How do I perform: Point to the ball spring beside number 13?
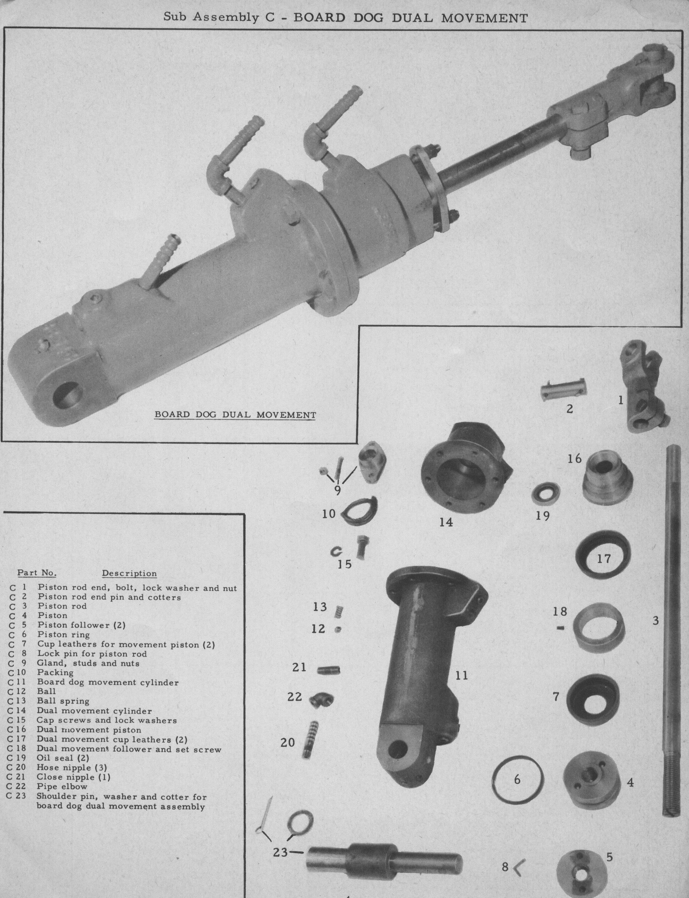[340, 611]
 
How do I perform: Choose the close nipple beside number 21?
[328, 671]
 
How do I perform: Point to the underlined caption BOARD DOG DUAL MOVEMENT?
[235, 415]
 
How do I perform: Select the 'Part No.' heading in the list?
[37, 572]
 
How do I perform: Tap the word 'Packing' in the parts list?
[55, 673]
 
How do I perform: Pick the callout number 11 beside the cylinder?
[462, 675]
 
